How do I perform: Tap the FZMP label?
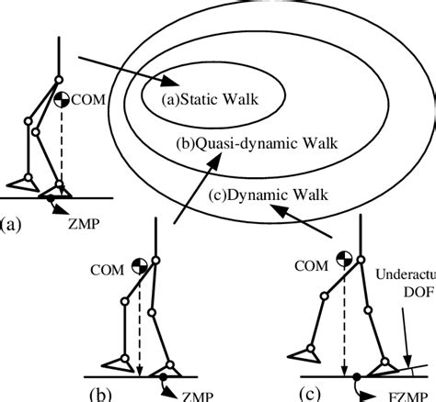tap(410, 394)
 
